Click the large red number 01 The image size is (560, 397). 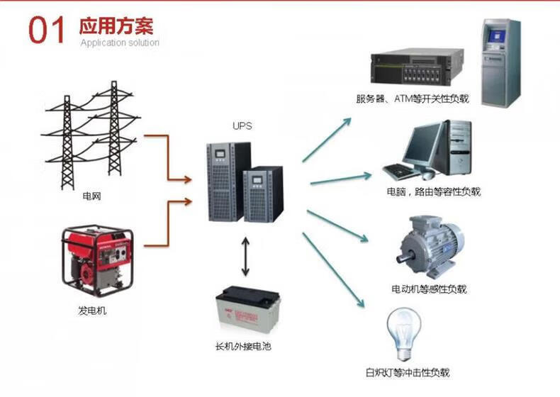[46, 30]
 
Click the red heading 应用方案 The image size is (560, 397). [116, 26]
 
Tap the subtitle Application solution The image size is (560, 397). [120, 43]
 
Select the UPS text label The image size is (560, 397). [242, 125]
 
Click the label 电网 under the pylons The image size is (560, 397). [91, 196]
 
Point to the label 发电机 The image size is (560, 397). [92, 311]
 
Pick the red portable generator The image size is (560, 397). [98, 260]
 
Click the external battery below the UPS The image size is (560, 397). [247, 310]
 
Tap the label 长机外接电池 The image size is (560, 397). [243, 346]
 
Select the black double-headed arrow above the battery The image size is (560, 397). [245, 256]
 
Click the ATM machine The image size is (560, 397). [500, 63]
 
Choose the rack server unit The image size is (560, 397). [417, 67]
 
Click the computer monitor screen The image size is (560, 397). [422, 144]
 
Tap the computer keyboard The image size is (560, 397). [401, 171]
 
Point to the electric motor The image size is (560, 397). [430, 247]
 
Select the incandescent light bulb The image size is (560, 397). [404, 334]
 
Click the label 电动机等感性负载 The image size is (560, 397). [429, 289]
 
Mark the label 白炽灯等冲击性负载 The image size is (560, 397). [408, 373]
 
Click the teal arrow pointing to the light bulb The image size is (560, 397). [333, 270]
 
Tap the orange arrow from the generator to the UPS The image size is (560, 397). [168, 223]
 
